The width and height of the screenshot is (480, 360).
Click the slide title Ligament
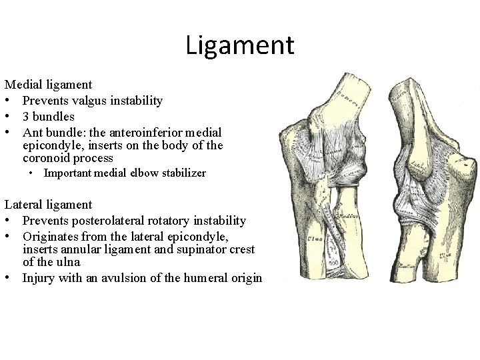click(239, 45)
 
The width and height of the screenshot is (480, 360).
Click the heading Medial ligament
click(49, 85)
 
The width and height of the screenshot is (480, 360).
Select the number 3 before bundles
click(25, 117)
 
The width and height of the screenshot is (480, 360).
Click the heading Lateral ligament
click(48, 205)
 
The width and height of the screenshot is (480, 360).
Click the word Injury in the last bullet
click(37, 278)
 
